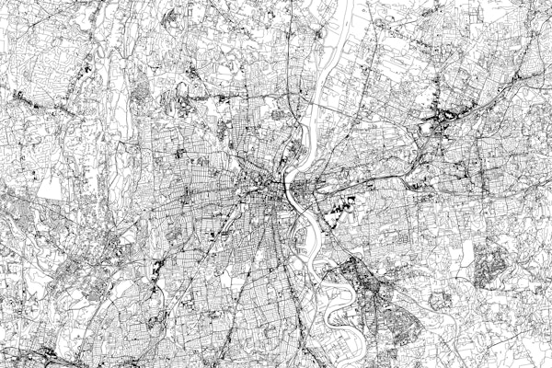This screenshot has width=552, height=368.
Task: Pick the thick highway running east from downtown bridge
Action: [x=368, y=179]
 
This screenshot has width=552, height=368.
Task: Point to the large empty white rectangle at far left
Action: [x=51, y=188]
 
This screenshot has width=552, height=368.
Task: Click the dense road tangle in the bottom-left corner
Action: [x=28, y=354]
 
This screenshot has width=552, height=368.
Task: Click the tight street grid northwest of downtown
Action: [x=230, y=138]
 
